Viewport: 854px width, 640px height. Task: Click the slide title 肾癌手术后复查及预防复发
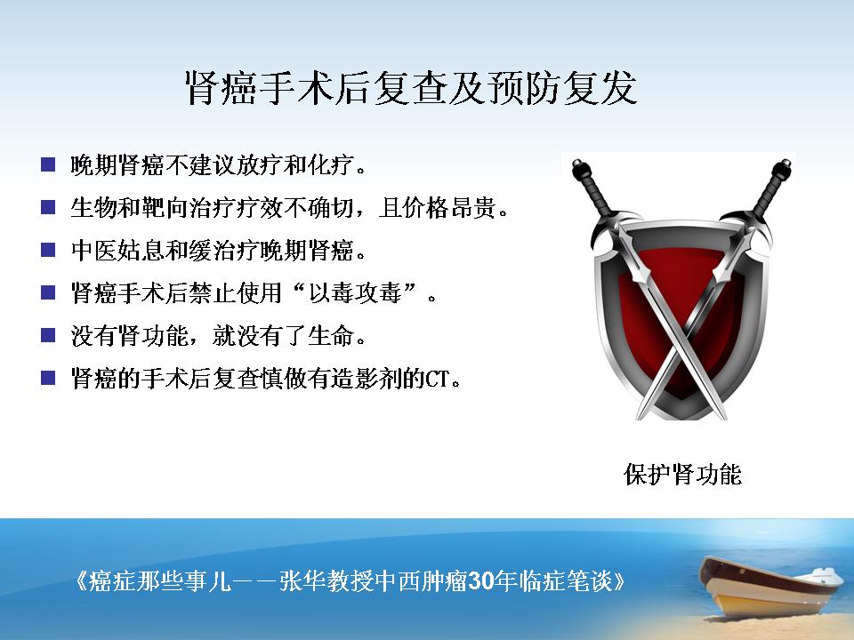(411, 88)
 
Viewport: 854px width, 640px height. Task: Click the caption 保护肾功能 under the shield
(682, 475)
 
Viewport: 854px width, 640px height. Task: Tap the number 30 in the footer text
(480, 581)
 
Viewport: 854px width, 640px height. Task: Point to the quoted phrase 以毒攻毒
(355, 293)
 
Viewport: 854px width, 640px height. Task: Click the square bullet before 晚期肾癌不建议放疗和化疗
(48, 165)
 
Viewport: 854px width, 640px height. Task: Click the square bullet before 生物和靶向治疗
(48, 207)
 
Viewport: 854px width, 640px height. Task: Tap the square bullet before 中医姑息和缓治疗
(48, 250)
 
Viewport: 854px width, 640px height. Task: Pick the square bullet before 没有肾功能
(48, 335)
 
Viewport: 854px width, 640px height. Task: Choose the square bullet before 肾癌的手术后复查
(48, 378)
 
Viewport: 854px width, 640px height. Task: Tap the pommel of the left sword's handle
(578, 165)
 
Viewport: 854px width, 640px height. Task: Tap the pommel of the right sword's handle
(786, 164)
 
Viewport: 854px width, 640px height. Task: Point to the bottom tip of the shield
(682, 418)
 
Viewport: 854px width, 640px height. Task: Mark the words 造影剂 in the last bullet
(366, 379)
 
